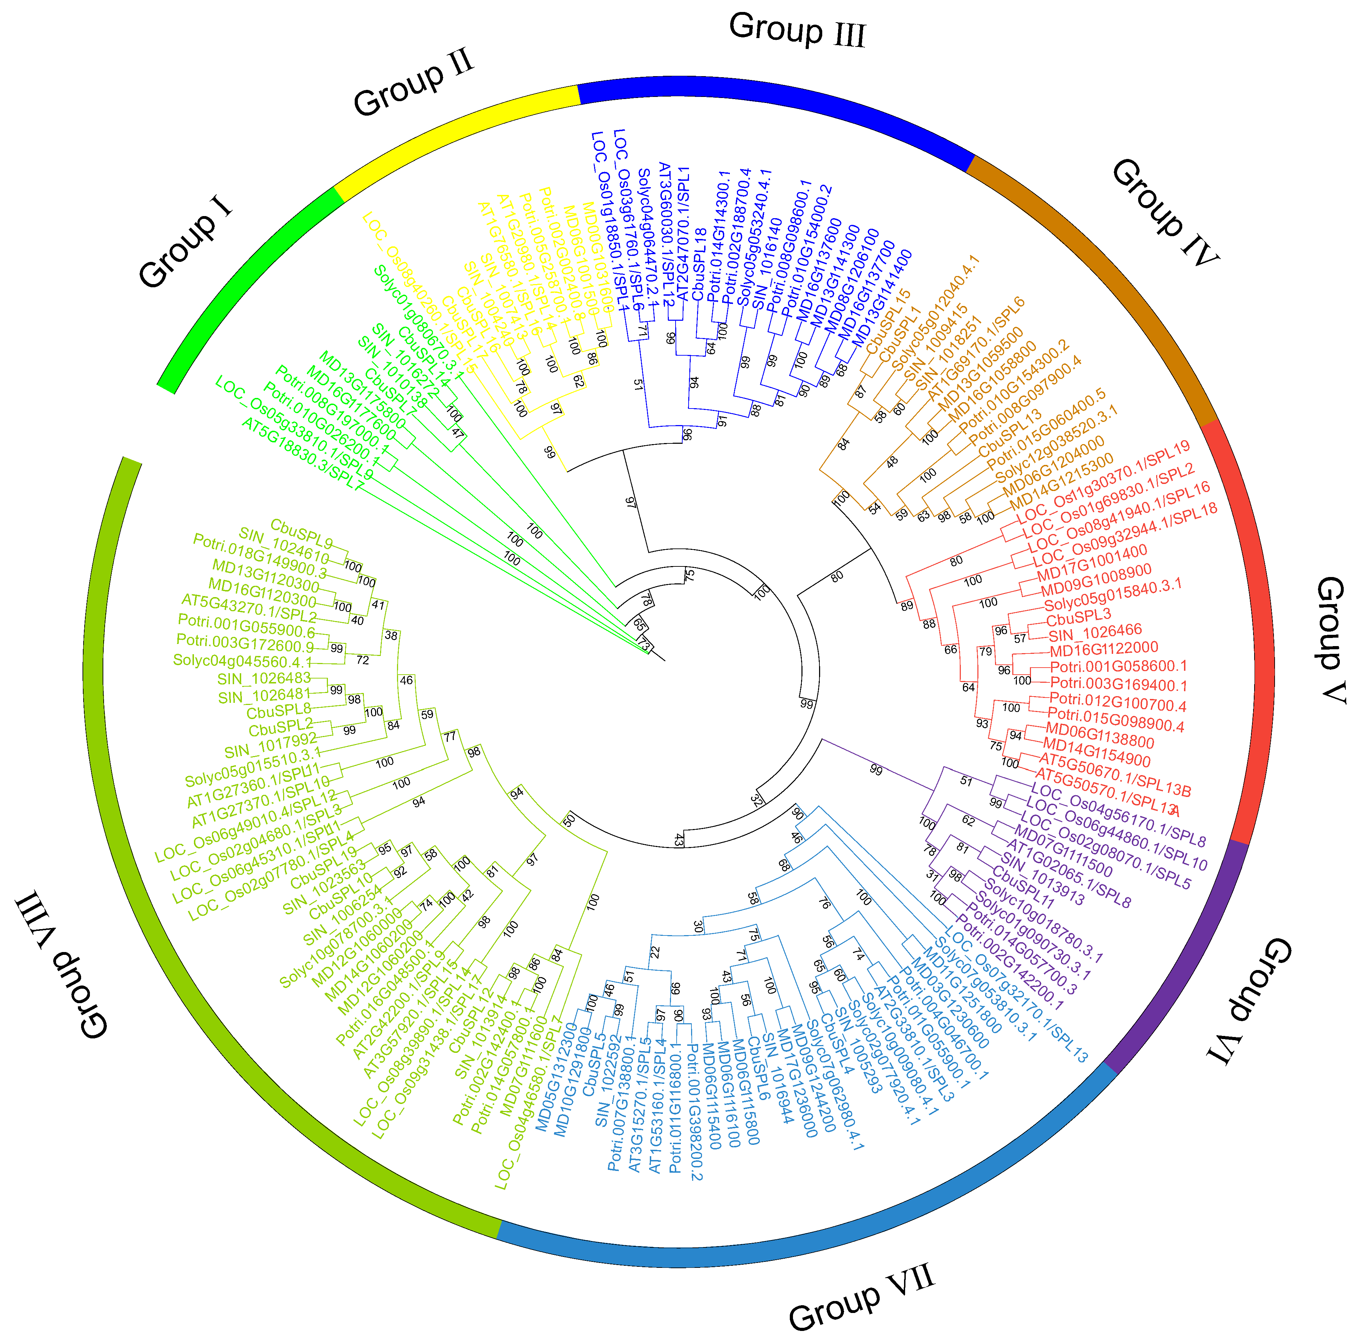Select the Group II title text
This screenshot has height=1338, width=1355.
[414, 83]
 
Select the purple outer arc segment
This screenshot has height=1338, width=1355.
[1185, 961]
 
